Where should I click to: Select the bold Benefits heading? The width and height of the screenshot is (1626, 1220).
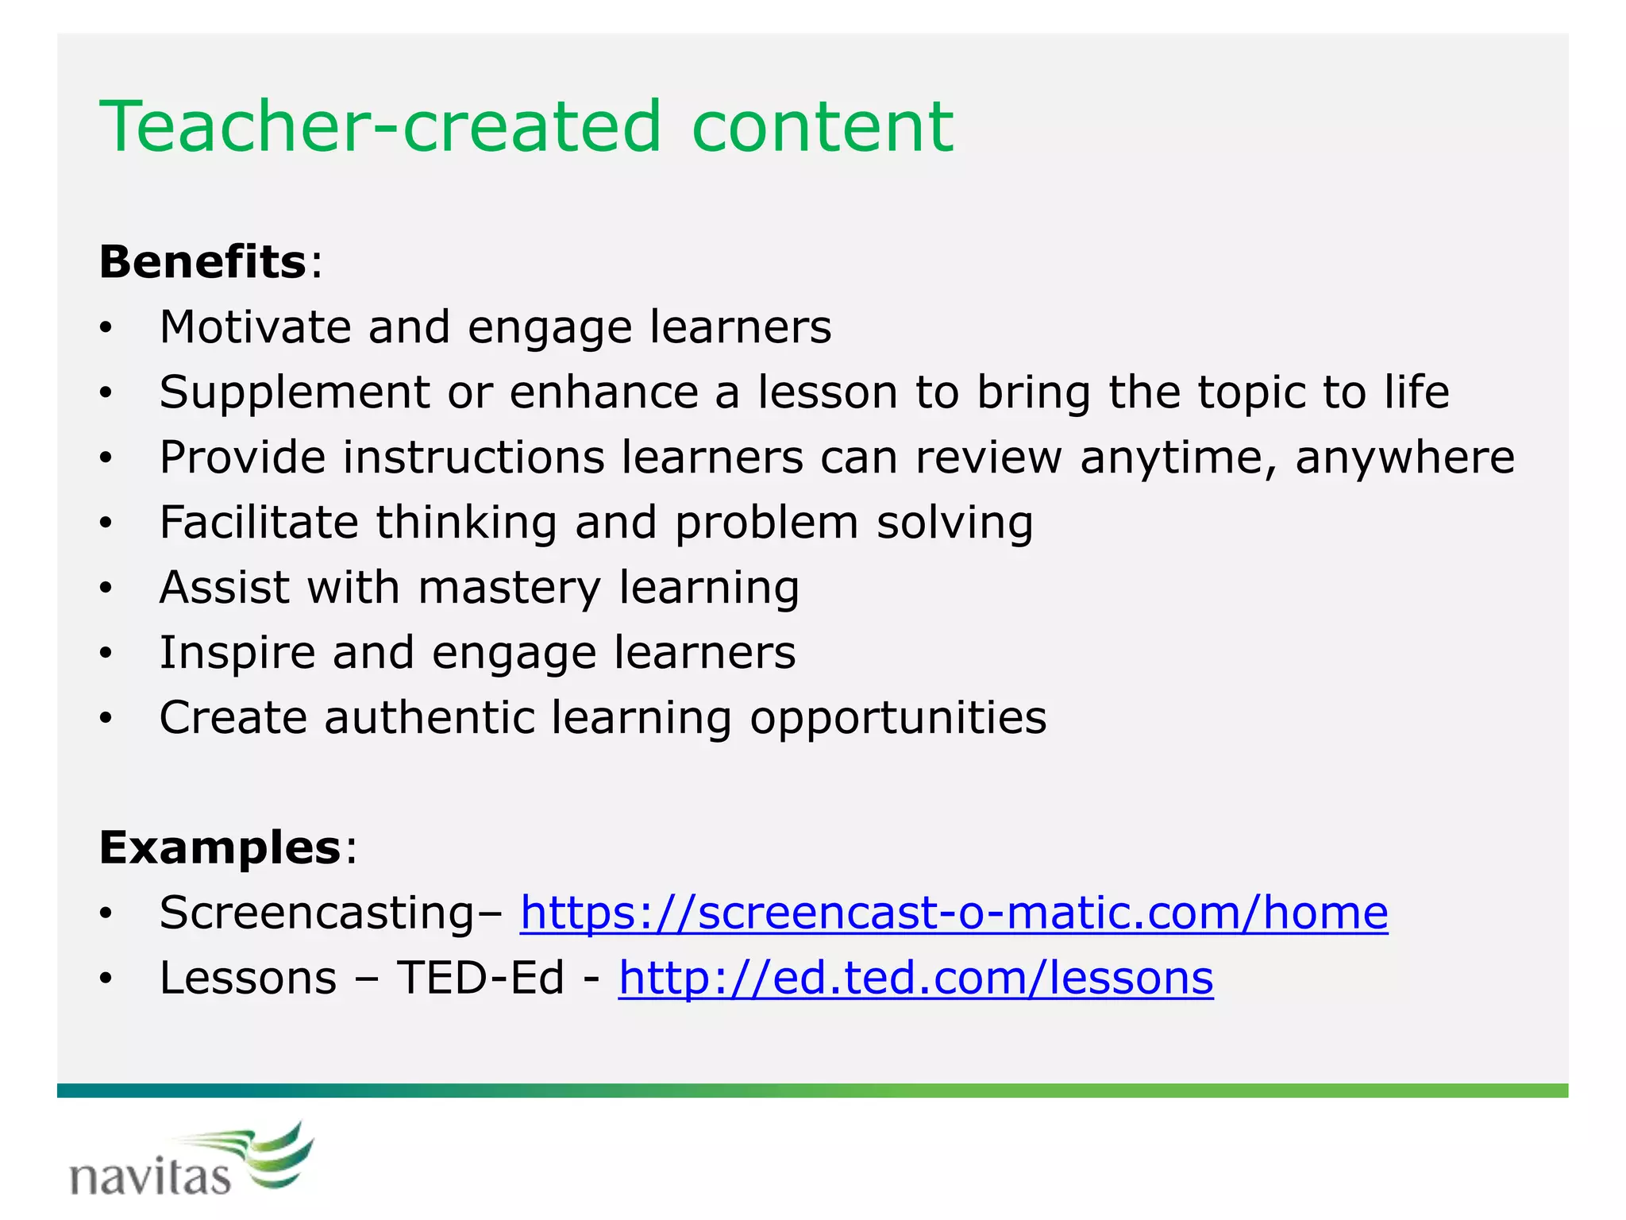tap(202, 262)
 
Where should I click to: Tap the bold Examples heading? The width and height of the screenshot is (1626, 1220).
tap(220, 847)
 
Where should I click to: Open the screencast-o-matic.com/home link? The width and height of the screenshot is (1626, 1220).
tap(954, 913)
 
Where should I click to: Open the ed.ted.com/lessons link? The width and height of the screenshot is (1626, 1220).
tap(915, 978)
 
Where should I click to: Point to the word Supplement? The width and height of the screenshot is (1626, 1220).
tap(294, 393)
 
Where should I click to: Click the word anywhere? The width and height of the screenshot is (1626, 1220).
tap(1404, 458)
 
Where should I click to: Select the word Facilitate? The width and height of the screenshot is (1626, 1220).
tap(259, 523)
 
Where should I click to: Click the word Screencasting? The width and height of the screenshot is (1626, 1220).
tap(316, 913)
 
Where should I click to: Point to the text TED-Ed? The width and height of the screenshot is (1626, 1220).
tap(480, 978)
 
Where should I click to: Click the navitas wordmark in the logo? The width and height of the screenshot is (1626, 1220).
tap(150, 1177)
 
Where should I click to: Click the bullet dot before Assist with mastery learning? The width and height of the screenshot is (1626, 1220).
tap(106, 589)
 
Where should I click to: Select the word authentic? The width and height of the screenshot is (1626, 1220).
tap(430, 718)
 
